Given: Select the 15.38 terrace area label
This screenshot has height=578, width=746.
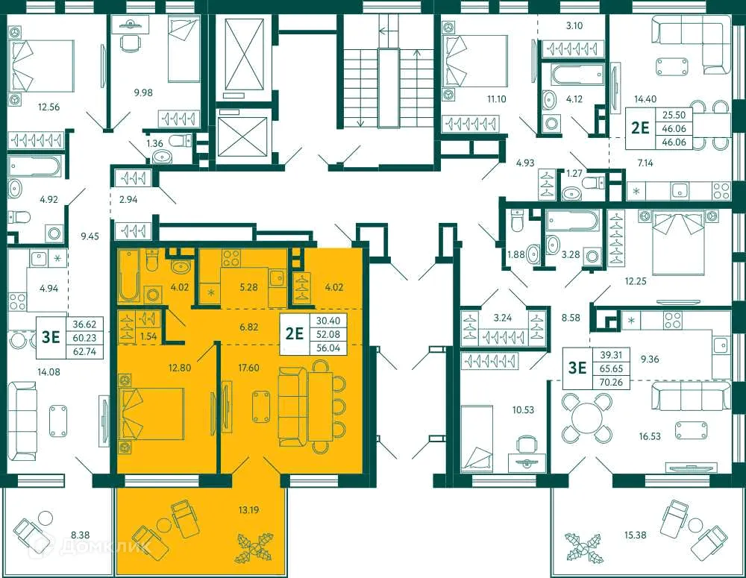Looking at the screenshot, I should (638, 535).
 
